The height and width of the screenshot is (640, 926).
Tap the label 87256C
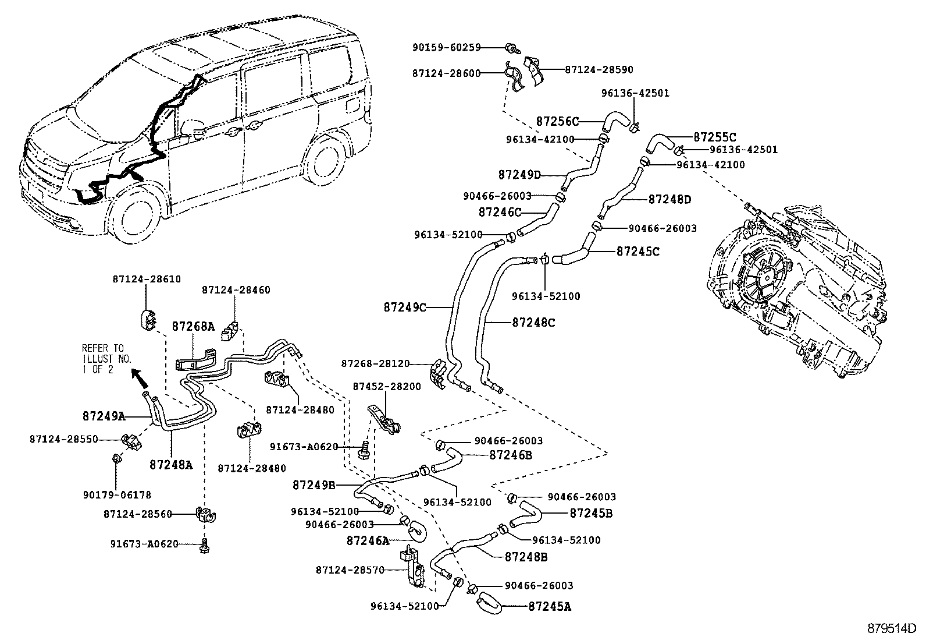(557, 122)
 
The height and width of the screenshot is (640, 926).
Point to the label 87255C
(714, 137)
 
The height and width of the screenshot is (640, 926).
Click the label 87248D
(669, 200)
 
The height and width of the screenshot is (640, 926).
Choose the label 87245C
(637, 252)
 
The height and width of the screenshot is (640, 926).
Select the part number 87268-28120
(375, 363)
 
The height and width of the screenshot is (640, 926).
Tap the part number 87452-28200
(387, 387)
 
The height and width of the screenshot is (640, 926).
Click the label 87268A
(193, 327)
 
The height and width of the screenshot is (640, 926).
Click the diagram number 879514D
(892, 629)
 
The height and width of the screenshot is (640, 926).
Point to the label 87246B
(511, 455)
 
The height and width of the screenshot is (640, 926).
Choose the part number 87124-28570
(350, 570)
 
